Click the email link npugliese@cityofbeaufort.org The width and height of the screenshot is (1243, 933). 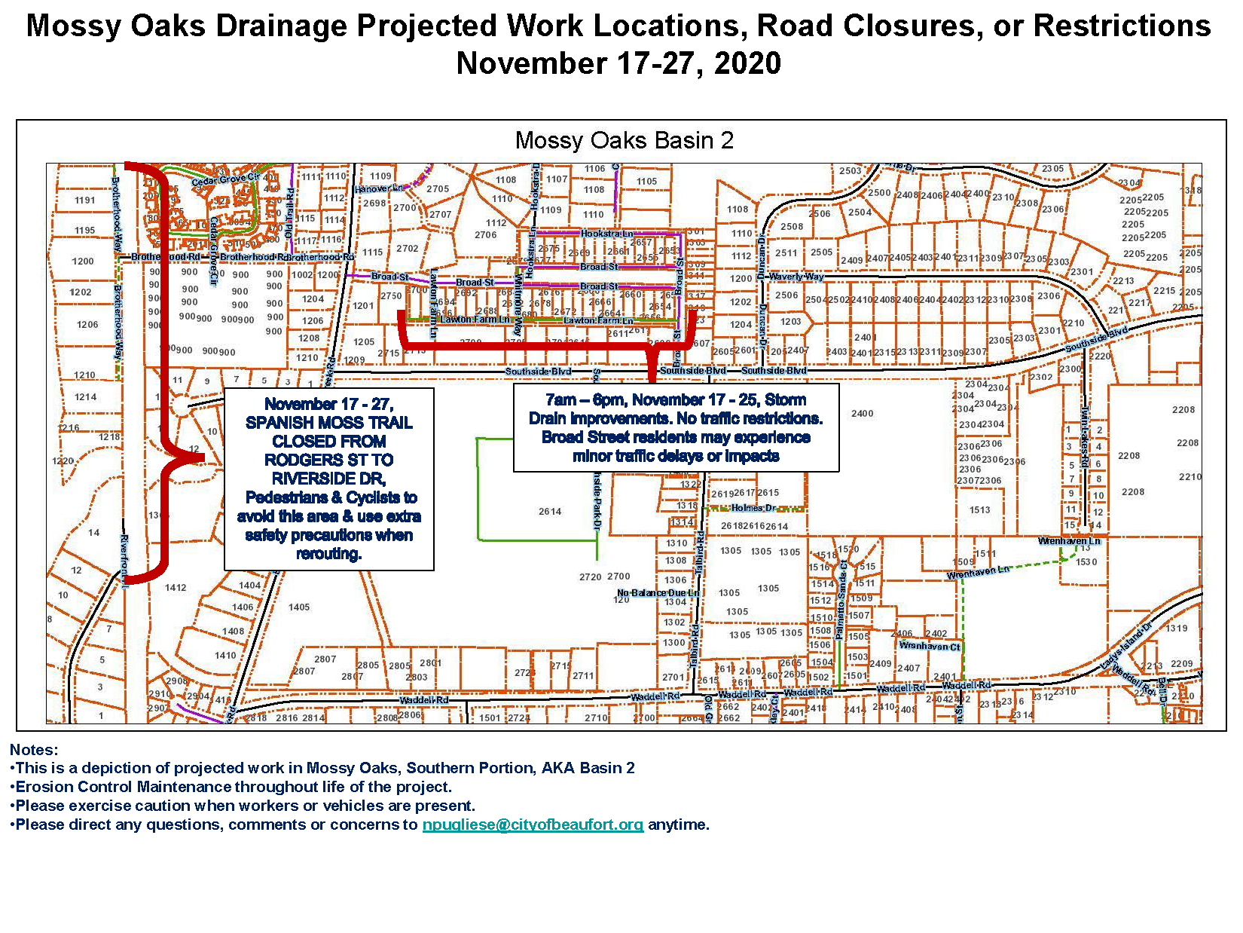[x=533, y=824]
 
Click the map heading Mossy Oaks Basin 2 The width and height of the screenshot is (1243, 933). [x=624, y=141]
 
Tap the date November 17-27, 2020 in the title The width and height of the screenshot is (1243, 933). [x=618, y=63]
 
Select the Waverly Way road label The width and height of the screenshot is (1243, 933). [x=797, y=277]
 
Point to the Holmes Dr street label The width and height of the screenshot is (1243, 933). [x=754, y=508]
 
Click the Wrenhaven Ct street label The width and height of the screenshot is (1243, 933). [x=930, y=646]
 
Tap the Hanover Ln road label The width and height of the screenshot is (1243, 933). [x=379, y=188]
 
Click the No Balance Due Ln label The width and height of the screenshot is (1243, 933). [x=658, y=593]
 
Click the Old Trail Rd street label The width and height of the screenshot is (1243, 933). [x=289, y=207]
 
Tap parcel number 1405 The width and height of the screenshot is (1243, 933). [x=299, y=607]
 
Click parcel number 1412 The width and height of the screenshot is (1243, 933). [x=176, y=588]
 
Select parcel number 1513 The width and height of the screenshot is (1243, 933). [x=980, y=510]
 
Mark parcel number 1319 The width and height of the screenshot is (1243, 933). [x=1177, y=628]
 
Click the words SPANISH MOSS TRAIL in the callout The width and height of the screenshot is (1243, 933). [x=329, y=423]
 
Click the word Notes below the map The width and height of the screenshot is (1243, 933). [x=34, y=750]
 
